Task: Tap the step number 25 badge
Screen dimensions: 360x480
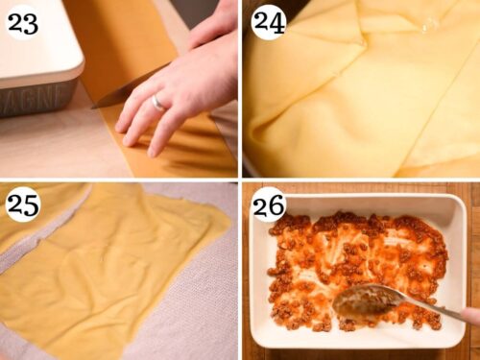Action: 22,204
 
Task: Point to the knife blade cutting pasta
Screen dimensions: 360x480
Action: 120,91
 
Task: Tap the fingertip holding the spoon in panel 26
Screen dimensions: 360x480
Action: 471,315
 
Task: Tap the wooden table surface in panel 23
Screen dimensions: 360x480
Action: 48,144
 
